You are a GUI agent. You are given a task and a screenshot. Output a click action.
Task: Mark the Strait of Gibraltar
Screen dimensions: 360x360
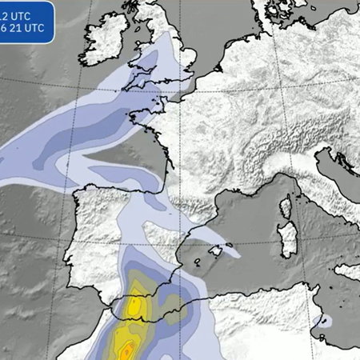coord(119,303)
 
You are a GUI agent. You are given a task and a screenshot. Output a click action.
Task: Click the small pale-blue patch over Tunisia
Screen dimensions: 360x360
coord(324,322)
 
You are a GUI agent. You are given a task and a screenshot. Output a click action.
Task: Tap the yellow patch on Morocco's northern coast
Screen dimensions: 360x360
coord(136,305)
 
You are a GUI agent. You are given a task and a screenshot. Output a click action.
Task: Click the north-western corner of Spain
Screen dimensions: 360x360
coord(80,197)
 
